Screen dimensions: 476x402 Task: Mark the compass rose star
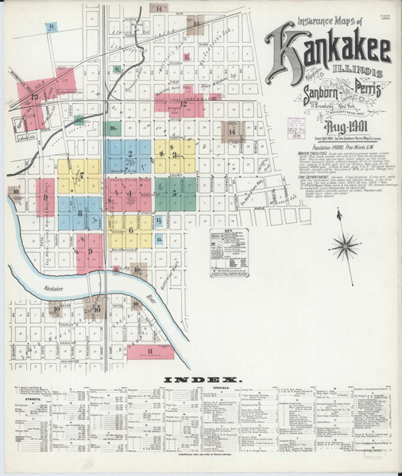coord(344,246)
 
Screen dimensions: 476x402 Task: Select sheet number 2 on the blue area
coord(129,153)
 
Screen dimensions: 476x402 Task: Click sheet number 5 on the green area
coord(174,193)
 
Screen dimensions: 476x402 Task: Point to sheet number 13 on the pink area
coord(34,97)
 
